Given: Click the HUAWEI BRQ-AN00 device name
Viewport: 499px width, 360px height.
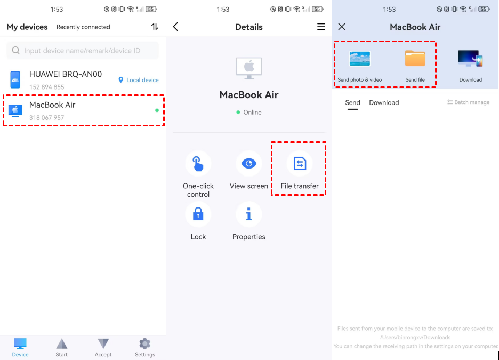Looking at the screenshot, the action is pyautogui.click(x=66, y=74).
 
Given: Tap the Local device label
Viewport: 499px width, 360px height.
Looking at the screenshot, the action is pyautogui.click(x=139, y=80).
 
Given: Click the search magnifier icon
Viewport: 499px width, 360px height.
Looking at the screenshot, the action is pyautogui.click(x=15, y=50).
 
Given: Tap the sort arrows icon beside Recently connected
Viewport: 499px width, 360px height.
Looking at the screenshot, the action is pyautogui.click(x=155, y=27).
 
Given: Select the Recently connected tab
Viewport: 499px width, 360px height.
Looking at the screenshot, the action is pyautogui.click(x=83, y=27).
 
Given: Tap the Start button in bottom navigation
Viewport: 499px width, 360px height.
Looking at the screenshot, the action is pyautogui.click(x=61, y=348).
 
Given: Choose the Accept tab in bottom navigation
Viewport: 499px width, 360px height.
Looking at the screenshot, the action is pyautogui.click(x=103, y=348).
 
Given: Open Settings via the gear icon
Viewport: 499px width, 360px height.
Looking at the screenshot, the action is pyautogui.click(x=145, y=344).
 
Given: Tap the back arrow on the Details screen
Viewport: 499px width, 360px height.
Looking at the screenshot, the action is pyautogui.click(x=176, y=27).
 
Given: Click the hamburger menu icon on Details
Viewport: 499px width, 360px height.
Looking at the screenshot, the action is pyautogui.click(x=321, y=27).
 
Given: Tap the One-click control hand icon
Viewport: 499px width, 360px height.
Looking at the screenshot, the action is pyautogui.click(x=198, y=164).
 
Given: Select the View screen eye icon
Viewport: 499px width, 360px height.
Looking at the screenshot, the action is pyautogui.click(x=249, y=164).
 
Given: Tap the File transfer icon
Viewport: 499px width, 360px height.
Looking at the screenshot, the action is pyautogui.click(x=300, y=164).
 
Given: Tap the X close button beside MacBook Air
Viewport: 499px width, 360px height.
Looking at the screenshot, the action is pyautogui.click(x=342, y=27).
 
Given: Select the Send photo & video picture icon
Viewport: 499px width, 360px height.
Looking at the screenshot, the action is pyautogui.click(x=360, y=59).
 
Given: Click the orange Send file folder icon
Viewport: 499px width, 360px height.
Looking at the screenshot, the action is pyautogui.click(x=415, y=58).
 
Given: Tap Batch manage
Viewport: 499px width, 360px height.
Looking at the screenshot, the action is pyautogui.click(x=469, y=102).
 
